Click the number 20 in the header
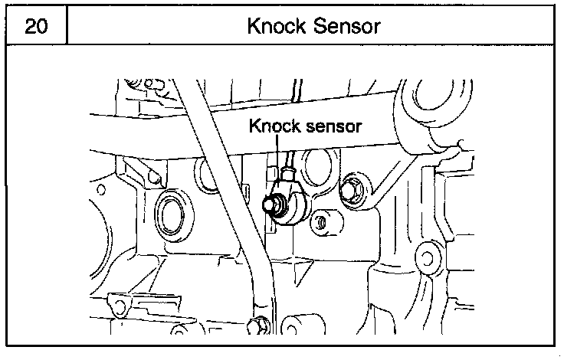35,26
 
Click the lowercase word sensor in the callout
330,126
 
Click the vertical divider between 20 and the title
67,26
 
